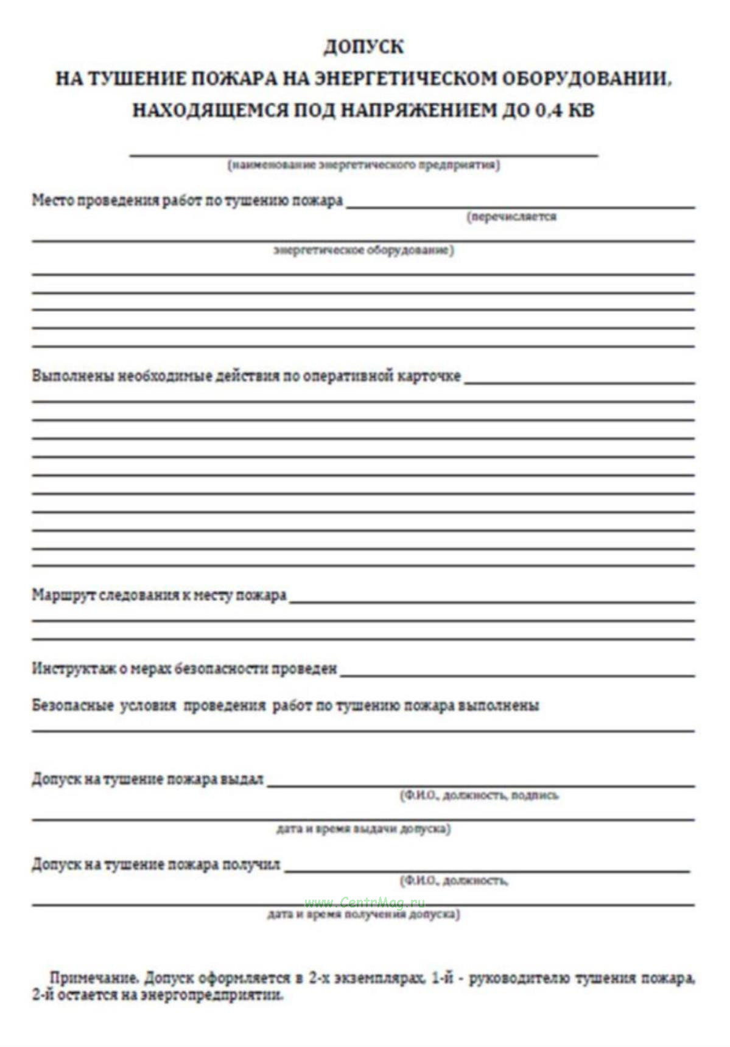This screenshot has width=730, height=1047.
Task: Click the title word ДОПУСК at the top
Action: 363,47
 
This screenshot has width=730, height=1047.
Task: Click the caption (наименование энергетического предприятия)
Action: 363,165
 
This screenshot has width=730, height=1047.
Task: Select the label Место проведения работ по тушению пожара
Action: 187,200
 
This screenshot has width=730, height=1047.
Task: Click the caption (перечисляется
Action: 511,217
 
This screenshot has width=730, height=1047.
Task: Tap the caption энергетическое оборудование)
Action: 363,250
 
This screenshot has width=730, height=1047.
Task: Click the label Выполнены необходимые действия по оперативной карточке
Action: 246,376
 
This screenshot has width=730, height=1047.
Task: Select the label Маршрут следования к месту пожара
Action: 159,595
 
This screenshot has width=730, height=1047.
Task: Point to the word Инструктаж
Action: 71,668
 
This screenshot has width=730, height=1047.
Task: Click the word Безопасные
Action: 72,706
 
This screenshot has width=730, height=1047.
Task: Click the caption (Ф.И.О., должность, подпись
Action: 479,796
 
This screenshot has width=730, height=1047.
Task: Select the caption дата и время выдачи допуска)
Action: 363,829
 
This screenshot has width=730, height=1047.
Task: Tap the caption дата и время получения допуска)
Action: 363,914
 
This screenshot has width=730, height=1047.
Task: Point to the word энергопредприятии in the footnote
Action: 211,995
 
